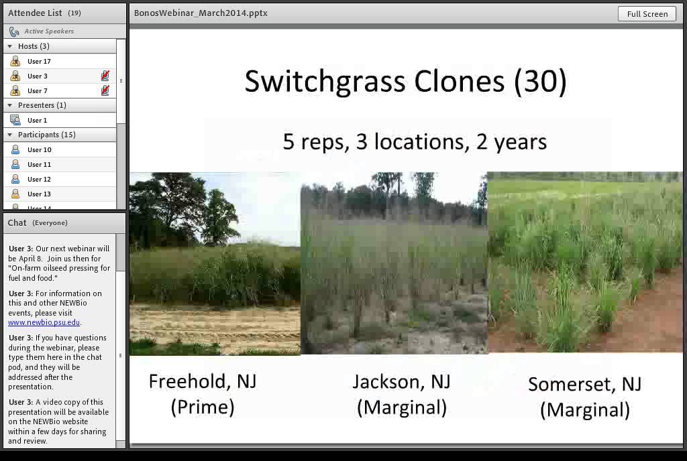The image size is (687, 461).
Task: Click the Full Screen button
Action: click(647, 13)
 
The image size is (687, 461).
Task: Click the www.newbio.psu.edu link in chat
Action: click(44, 322)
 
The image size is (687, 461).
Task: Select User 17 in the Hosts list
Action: click(39, 61)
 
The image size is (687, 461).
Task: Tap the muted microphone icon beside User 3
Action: click(105, 76)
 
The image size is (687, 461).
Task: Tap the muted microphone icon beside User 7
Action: click(105, 90)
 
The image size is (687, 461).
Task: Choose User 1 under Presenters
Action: click(37, 120)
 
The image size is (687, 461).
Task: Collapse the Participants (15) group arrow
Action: click(9, 135)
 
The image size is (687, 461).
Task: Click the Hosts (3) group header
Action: click(34, 46)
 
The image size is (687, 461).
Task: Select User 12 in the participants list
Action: click(39, 179)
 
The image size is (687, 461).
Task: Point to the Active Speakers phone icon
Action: click(14, 31)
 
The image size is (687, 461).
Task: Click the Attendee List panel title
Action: click(35, 13)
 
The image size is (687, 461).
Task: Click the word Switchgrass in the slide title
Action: click(325, 81)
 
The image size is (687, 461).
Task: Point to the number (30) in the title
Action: click(540, 81)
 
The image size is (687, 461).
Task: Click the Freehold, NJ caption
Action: click(202, 381)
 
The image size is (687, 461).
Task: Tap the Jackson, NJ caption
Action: click(401, 381)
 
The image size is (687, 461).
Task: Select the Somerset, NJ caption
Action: click(584, 384)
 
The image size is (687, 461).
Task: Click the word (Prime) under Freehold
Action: click(202, 407)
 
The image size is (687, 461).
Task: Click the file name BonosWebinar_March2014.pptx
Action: click(201, 13)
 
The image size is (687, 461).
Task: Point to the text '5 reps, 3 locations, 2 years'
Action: click(414, 141)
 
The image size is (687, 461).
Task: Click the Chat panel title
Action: click(17, 222)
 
